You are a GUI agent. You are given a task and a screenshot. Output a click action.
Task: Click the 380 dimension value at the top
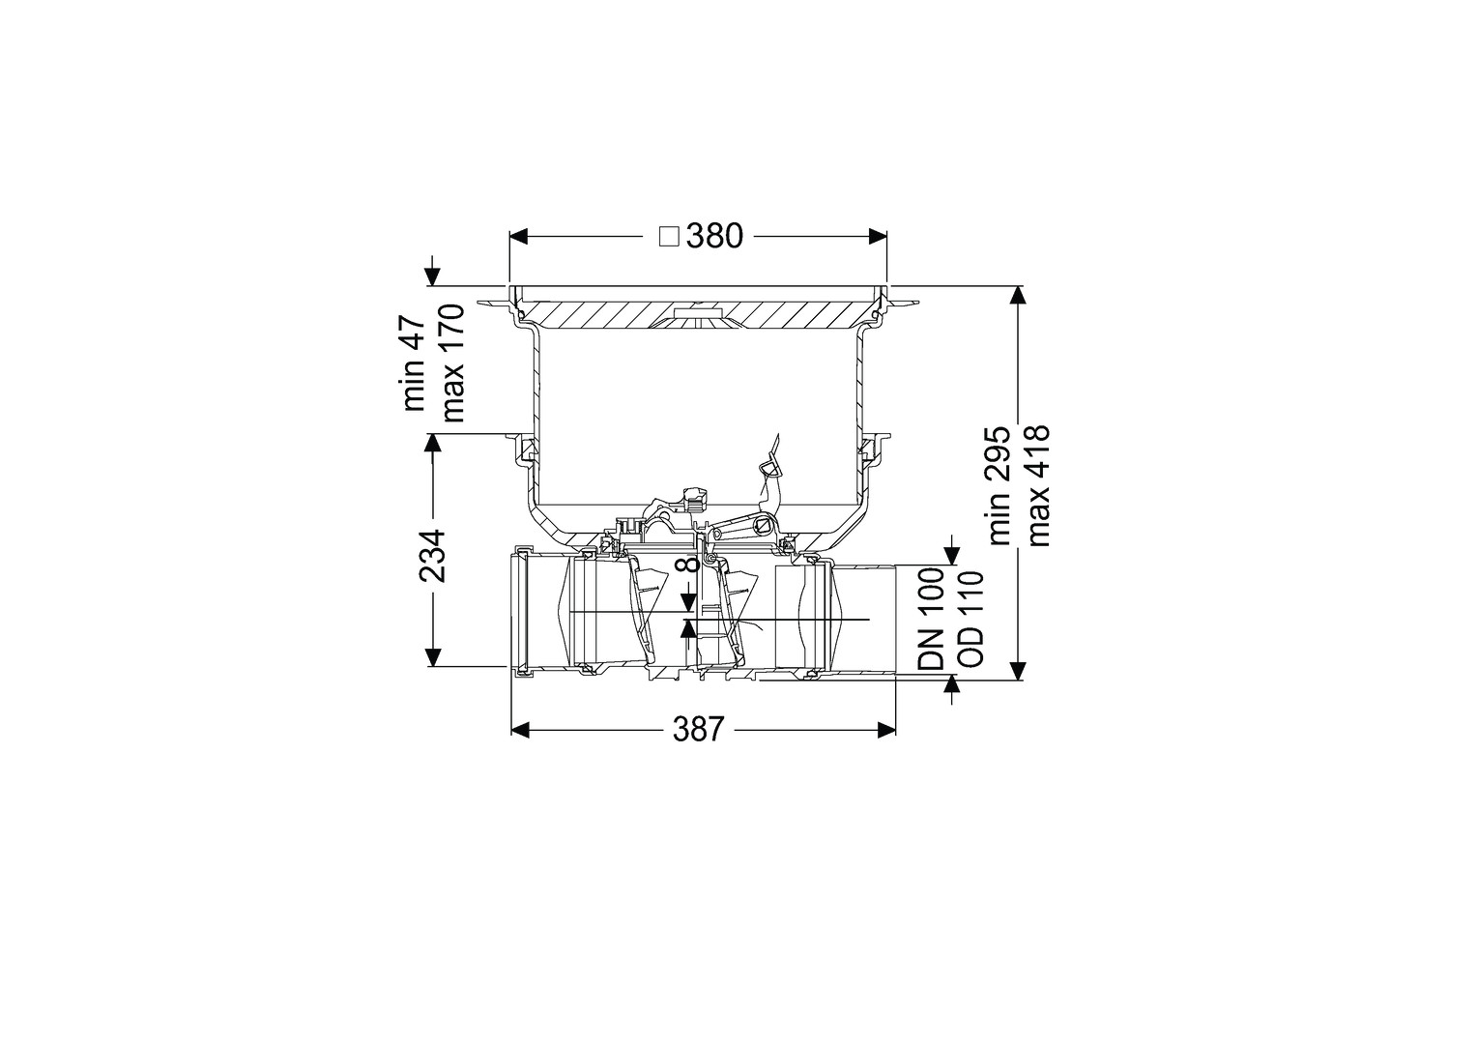pyautogui.click(x=714, y=236)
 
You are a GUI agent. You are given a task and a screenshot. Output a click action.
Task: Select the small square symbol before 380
pyautogui.click(x=669, y=237)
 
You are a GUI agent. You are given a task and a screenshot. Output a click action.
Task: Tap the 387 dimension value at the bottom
pyautogui.click(x=699, y=730)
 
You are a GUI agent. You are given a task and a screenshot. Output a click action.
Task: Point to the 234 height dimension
pyautogui.click(x=432, y=556)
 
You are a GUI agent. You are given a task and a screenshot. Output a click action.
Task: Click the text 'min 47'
pyautogui.click(x=417, y=363)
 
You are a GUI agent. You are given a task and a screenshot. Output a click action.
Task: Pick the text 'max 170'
pyautogui.click(x=453, y=362)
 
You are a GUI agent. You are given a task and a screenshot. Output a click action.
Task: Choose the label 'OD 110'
pyautogui.click(x=970, y=618)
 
